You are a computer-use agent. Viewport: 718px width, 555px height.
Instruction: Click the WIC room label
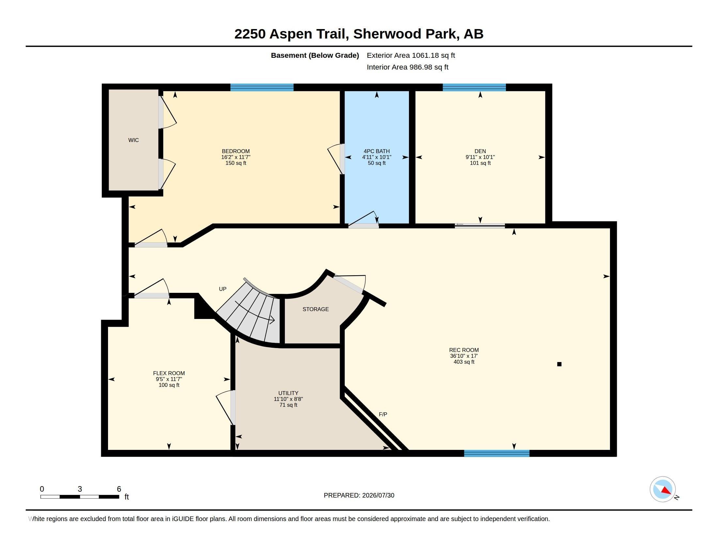click(133, 140)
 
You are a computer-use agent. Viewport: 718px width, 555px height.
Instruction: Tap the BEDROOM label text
click(236, 151)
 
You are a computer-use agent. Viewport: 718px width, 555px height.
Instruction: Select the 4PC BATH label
click(377, 151)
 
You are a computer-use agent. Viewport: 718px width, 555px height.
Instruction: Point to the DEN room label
click(480, 151)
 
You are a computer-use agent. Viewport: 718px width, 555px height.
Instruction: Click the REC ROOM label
click(464, 350)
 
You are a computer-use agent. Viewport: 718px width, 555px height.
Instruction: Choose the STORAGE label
click(316, 309)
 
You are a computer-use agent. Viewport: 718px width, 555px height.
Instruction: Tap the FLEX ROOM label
click(169, 373)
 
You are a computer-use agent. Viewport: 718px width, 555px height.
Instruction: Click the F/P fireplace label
click(383, 414)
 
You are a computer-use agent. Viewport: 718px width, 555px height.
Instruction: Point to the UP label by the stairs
click(223, 289)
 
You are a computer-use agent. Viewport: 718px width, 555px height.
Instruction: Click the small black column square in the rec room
click(559, 364)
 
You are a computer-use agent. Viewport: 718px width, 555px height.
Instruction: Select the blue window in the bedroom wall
click(262, 87)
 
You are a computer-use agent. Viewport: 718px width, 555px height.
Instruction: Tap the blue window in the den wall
click(474, 87)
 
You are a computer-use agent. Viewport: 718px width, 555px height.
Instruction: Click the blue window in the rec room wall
click(497, 453)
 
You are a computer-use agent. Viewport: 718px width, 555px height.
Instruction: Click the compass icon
click(663, 489)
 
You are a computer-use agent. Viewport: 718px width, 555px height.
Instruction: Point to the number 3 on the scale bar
click(80, 489)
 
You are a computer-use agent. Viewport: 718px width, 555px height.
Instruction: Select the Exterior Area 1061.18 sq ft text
click(411, 55)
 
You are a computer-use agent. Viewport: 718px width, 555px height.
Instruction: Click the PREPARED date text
click(359, 495)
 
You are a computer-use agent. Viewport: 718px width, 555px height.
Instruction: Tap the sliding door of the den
click(480, 226)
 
